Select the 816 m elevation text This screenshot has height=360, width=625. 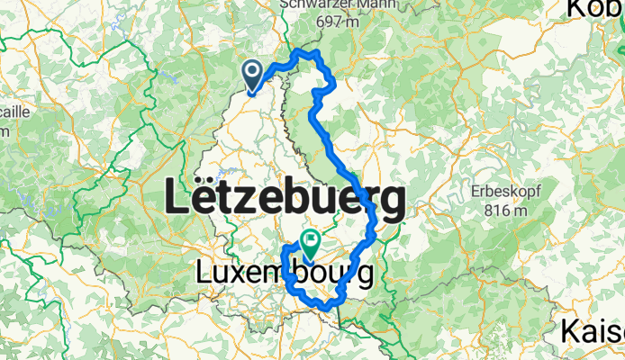(x=503, y=211)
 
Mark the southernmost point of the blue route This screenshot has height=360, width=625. (x=326, y=310)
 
